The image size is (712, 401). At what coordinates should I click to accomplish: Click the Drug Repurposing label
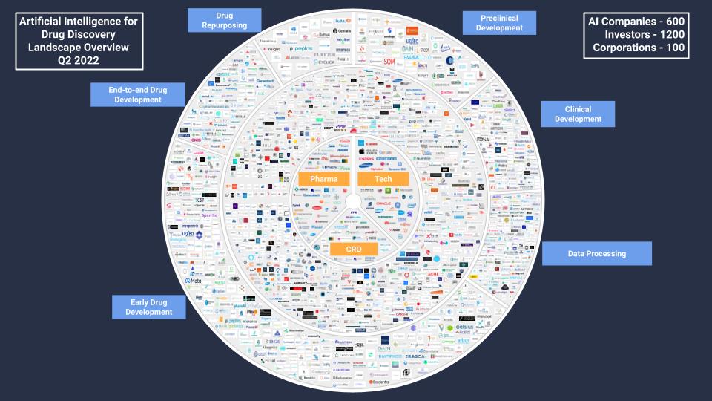[225, 20]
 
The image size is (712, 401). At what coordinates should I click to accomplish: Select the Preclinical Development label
[499, 22]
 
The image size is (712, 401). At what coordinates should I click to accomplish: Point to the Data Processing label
[596, 253]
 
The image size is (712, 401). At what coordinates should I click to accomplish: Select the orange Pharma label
[324, 180]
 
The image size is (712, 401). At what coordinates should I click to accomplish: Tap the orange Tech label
[383, 180]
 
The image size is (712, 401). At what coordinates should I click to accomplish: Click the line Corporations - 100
[639, 48]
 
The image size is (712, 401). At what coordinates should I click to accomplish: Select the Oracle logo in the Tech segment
[383, 203]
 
